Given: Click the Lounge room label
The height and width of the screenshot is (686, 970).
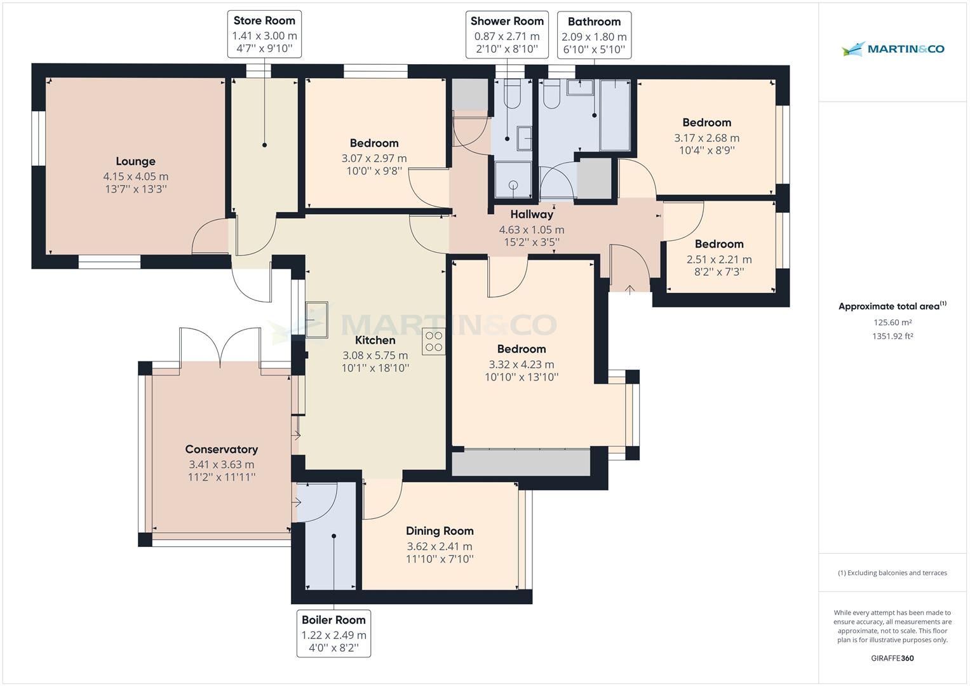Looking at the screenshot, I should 135,161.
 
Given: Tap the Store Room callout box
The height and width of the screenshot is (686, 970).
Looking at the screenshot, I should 264,35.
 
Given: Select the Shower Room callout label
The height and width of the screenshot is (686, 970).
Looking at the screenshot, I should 507,22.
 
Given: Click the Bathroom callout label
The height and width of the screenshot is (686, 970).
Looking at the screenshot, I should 594,22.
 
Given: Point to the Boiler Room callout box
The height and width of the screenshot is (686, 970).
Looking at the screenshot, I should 333,633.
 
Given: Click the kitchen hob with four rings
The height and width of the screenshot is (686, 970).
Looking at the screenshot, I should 434,341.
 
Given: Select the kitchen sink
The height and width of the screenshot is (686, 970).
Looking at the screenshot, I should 317,319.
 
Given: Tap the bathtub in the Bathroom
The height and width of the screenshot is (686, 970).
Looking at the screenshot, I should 615,115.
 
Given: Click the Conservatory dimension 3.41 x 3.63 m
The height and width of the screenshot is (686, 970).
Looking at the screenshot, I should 221,464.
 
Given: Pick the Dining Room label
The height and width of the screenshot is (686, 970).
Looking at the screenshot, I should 440,531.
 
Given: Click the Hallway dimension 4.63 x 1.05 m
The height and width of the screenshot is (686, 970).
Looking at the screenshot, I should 531,230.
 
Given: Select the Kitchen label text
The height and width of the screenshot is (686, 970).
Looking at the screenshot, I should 375,340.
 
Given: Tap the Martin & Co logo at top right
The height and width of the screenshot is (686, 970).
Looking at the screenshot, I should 893,49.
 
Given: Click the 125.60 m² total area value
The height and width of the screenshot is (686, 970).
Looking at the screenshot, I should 893,322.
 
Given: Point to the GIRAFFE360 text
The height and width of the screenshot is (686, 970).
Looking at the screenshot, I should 893,658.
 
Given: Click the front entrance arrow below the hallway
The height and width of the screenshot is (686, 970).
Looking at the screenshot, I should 630,290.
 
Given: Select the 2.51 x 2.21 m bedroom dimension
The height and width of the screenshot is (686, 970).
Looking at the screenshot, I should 719,259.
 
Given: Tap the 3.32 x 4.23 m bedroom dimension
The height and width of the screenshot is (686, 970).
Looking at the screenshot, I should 521,365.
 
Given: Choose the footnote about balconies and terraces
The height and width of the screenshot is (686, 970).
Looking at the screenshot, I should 893,572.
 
